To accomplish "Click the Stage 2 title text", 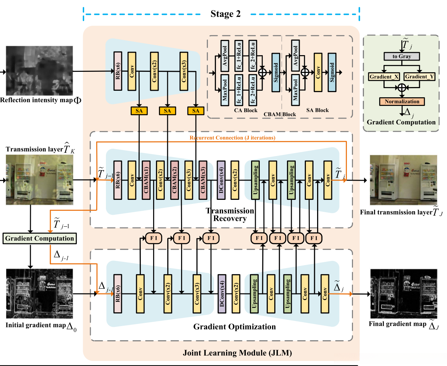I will point(225,14).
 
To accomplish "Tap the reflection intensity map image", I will point(40,71).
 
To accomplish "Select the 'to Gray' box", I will point(402,56).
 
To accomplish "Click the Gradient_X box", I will point(384,77).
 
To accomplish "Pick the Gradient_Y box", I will point(419,77).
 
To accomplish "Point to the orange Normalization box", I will point(402,102).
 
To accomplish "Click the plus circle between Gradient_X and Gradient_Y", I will point(402,87).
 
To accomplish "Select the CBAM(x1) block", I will point(146,180).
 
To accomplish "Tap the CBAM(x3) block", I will point(203,180).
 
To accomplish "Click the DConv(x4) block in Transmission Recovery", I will point(221,180).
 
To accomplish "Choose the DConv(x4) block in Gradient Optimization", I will point(222,293).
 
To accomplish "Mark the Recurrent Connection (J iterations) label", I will point(232,138).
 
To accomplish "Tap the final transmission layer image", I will point(403,180).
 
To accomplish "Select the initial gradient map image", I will point(40,293).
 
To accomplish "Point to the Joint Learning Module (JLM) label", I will point(237,353).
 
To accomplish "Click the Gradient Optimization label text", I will point(234,327).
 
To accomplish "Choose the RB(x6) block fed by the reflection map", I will point(118,71).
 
